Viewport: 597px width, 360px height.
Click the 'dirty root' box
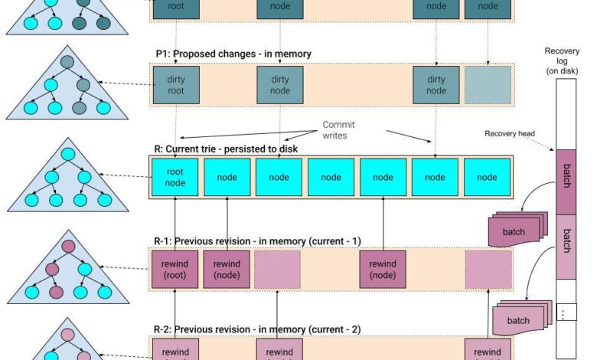[x=176, y=85]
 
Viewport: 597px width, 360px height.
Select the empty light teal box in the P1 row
[x=488, y=85]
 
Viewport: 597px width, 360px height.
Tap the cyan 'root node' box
[x=176, y=178]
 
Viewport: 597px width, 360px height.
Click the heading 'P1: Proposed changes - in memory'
[x=233, y=54]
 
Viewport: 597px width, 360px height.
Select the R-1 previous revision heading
[x=257, y=241]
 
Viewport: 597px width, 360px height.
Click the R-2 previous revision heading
[x=257, y=329]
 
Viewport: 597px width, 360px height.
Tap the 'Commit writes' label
[x=338, y=130]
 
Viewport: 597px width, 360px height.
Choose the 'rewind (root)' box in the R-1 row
[x=176, y=269]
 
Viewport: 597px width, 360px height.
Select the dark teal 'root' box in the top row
[x=176, y=7]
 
